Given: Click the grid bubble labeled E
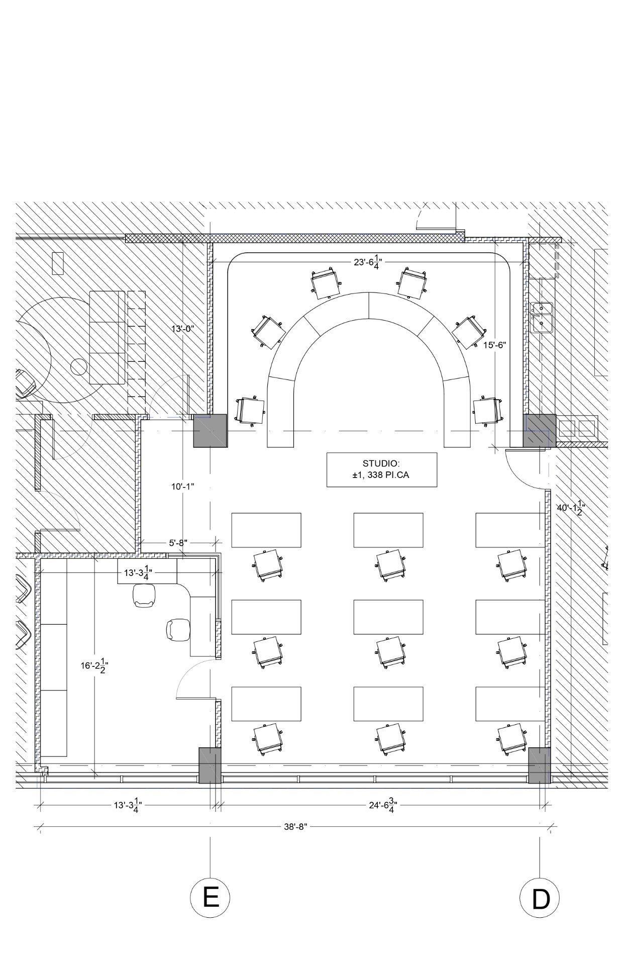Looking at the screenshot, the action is [210, 897].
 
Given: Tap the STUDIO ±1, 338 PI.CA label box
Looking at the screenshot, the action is [382, 469].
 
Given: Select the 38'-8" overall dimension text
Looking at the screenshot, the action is [295, 827].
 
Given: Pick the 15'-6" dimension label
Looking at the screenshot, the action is [495, 345].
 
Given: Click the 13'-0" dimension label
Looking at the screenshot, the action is [182, 329].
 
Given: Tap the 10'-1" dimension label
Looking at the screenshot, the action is [182, 487].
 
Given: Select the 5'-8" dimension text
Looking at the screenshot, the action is [178, 543].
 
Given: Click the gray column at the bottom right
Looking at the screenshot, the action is [540, 765].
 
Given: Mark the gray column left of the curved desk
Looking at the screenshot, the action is [211, 431].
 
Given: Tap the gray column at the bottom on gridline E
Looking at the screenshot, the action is [210, 765].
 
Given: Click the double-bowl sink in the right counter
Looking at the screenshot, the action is [542, 317].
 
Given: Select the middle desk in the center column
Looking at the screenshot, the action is [388, 617].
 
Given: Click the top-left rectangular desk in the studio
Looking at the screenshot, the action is [266, 530].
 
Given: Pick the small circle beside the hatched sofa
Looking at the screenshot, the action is [79, 367].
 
